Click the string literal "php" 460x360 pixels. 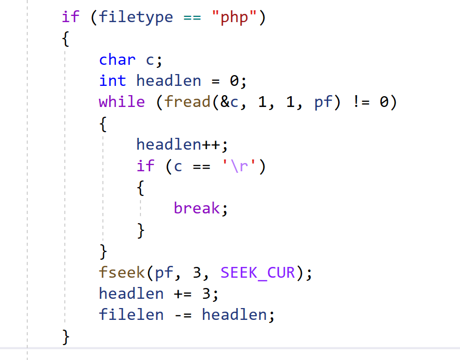click(x=235, y=17)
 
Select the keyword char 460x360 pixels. click(x=117, y=60)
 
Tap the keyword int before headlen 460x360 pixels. click(x=112, y=81)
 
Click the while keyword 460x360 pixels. click(x=122, y=102)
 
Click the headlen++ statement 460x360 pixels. click(x=181, y=145)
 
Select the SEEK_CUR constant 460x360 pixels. click(x=258, y=272)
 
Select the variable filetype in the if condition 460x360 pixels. click(x=136, y=17)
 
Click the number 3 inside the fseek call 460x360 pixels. click(x=197, y=272)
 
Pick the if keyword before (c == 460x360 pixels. click(x=145, y=166)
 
